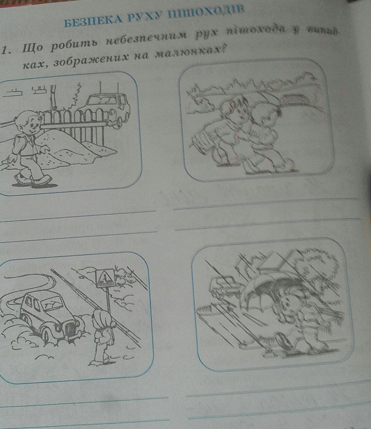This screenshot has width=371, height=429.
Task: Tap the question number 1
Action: coord(4,51)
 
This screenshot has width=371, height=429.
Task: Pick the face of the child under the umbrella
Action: coord(288,303)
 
